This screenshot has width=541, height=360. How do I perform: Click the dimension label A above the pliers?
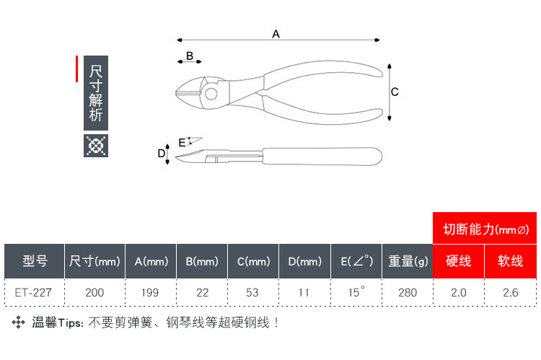pos(276,34)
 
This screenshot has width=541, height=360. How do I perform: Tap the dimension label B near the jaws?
pos(190,56)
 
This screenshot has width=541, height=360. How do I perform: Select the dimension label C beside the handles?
pos(395,92)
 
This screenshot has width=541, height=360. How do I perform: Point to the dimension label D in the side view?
pos(162,153)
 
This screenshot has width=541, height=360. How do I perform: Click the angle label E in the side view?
pos(182,142)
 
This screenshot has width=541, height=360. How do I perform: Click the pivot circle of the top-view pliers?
pos(211,92)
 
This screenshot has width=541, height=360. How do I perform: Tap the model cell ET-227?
pos(34,292)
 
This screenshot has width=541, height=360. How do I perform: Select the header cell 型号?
pos(34,261)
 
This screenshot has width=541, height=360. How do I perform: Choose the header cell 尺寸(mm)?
pos(94,261)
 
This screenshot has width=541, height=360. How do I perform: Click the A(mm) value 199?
pos(151,292)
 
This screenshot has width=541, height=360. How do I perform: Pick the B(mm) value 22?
pos(202,292)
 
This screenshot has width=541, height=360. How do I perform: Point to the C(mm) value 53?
pos(253,292)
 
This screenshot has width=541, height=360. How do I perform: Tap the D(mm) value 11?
pos(304,292)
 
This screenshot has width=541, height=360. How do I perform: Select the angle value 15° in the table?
pos(356,292)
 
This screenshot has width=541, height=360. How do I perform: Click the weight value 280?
pos(408,292)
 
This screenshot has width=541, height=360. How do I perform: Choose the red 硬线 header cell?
pos(459,261)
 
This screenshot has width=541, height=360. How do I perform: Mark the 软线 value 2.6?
pos(511,292)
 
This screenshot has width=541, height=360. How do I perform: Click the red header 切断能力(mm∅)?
pos(485,229)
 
